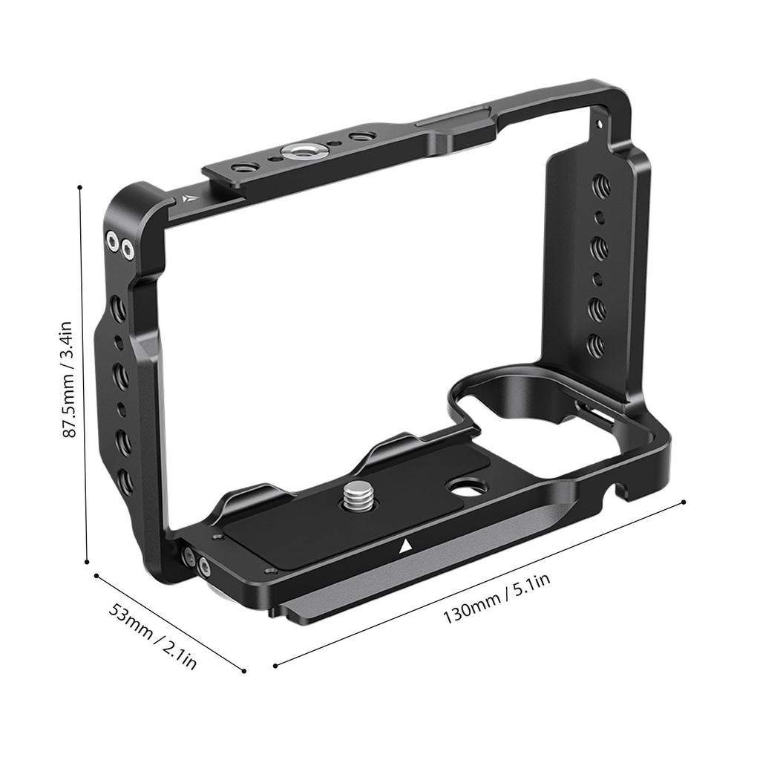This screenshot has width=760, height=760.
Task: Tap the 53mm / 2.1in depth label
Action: point(154,636)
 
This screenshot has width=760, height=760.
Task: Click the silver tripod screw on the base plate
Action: point(358,494)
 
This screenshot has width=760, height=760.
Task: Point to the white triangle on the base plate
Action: point(405,548)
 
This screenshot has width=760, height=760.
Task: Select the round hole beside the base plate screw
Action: point(466,488)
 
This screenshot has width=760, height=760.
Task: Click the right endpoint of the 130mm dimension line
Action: point(683,502)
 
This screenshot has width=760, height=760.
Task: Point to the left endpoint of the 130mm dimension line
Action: point(275,665)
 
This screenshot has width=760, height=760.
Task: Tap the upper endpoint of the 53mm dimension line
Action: point(96,575)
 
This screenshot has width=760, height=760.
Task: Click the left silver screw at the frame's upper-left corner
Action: point(113,240)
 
